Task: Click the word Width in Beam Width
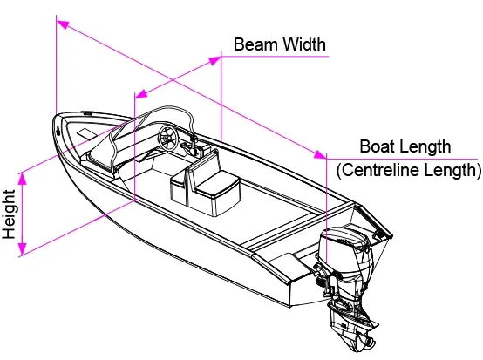pyautogui.click(x=303, y=44)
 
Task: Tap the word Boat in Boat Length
pyautogui.click(x=378, y=146)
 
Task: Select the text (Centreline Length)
pyautogui.click(x=409, y=170)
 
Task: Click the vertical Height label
pyautogui.click(x=10, y=214)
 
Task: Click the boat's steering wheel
pyautogui.click(x=168, y=139)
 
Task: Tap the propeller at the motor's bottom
pyautogui.click(x=365, y=342)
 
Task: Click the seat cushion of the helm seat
pyautogui.click(x=217, y=184)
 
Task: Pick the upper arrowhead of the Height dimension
pyautogui.click(x=22, y=179)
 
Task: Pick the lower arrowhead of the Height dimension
pyautogui.click(x=22, y=248)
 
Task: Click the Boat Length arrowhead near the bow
pyautogui.click(x=63, y=24)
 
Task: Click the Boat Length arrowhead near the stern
pyautogui.click(x=320, y=154)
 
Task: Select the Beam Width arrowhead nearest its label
pyautogui.click(x=215, y=61)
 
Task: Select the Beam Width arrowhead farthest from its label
pyautogui.click(x=141, y=94)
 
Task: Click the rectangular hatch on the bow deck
pyautogui.click(x=86, y=133)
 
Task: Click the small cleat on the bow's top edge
pyautogui.click(x=87, y=113)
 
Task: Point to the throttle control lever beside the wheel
pyautogui.click(x=194, y=144)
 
